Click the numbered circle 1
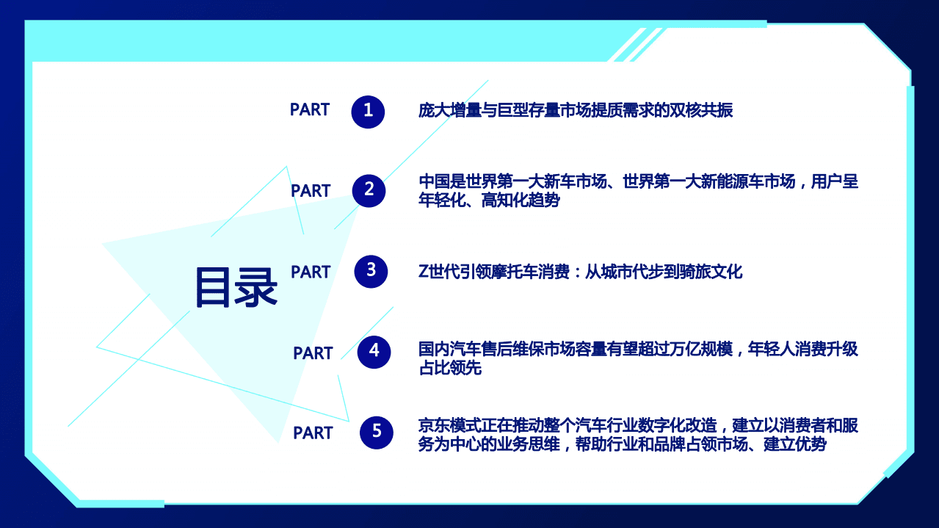(368, 112)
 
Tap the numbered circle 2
(369, 191)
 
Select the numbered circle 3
(371, 271)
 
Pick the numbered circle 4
(374, 352)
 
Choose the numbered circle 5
(377, 432)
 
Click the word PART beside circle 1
(310, 110)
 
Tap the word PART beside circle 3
(311, 272)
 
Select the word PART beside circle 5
(313, 433)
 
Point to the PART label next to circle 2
(311, 191)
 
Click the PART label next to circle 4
(313, 353)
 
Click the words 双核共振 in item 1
(701, 111)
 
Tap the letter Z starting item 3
(423, 272)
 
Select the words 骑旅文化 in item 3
(711, 272)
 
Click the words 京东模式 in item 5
(449, 426)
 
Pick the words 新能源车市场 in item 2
(748, 181)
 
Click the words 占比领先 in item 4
(449, 369)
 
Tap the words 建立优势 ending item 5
(795, 445)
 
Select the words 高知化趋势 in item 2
(521, 200)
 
